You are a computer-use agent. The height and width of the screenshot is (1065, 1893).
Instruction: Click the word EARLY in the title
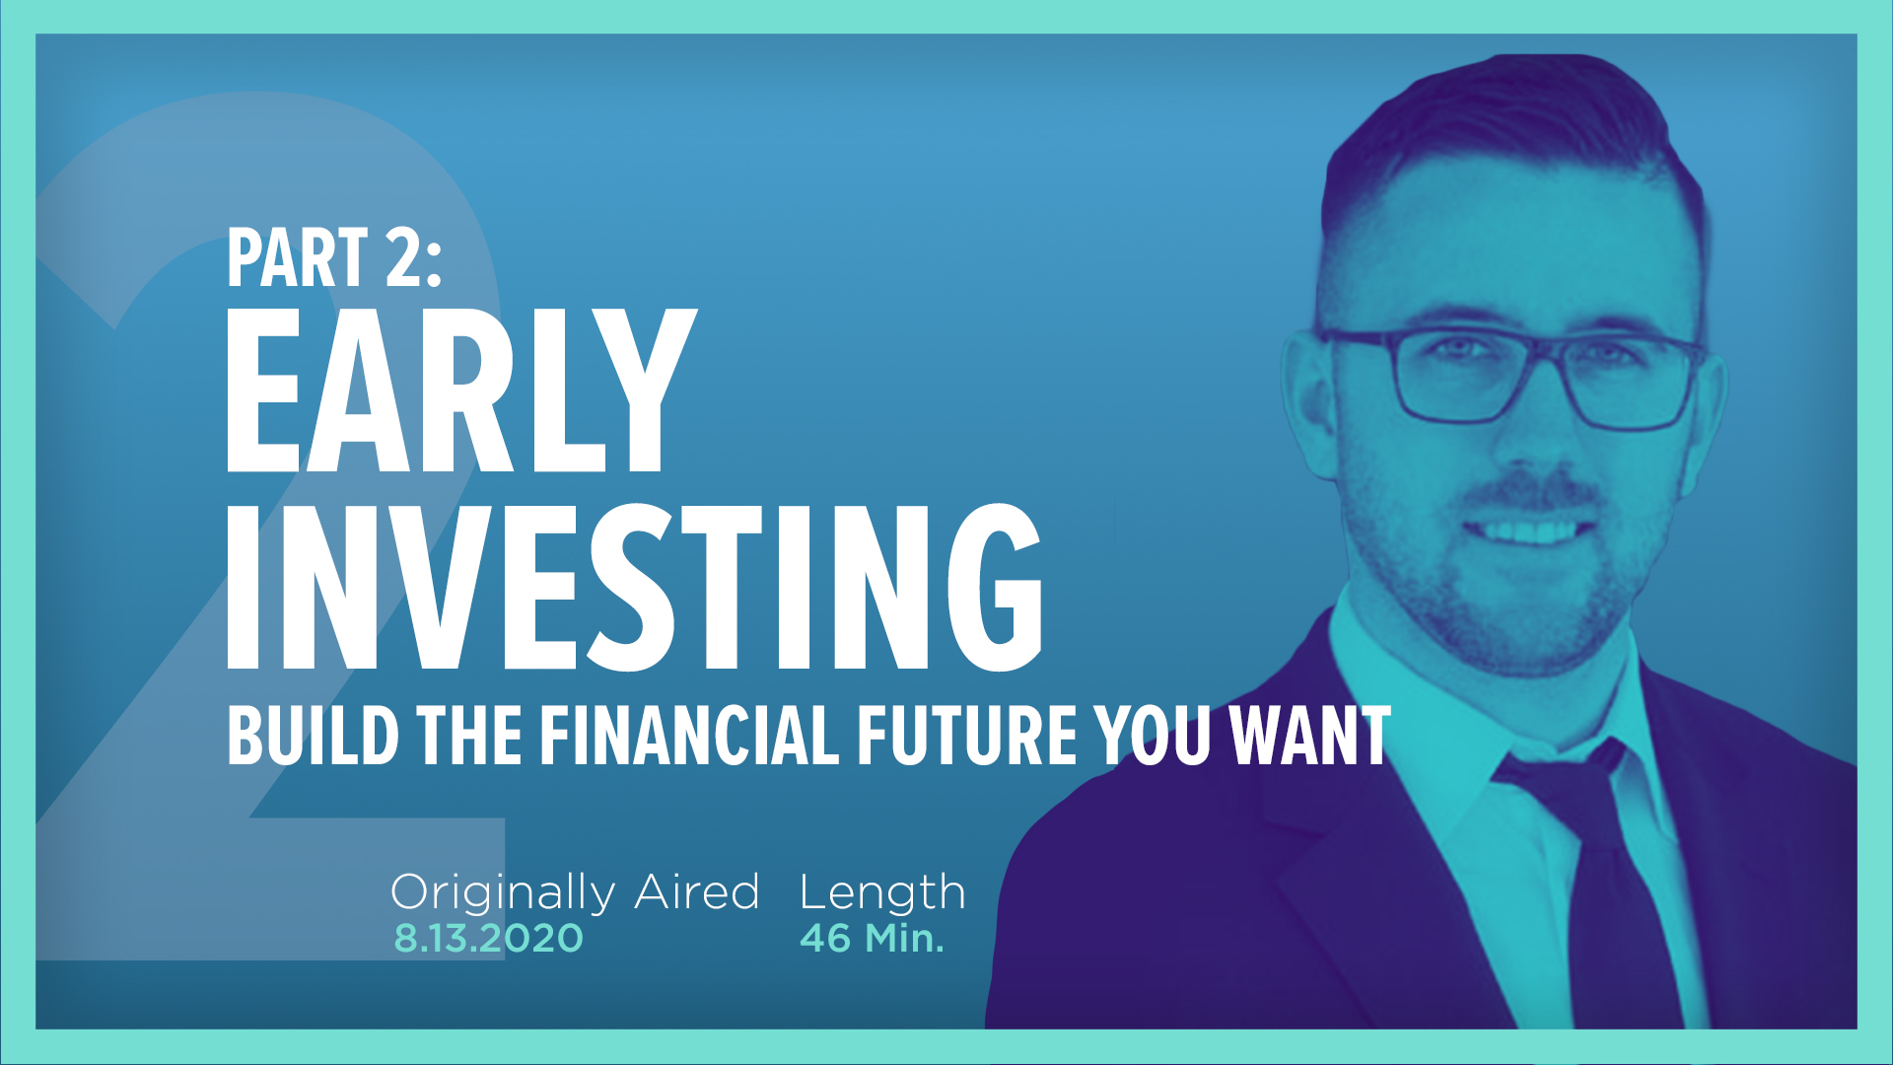click(x=460, y=390)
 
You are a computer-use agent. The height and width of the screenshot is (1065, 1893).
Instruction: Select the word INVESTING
click(x=634, y=588)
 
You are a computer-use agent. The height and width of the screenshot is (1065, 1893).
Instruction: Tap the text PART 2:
click(x=334, y=258)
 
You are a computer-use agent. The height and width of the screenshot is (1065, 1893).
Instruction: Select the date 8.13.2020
click(x=488, y=938)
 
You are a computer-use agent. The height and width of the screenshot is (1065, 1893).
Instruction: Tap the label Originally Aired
click(x=575, y=892)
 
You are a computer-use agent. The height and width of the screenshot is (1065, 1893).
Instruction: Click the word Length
click(x=882, y=893)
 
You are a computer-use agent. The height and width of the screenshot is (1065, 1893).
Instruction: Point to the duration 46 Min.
click(x=872, y=938)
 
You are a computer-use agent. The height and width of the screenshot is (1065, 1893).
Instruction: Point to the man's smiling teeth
click(x=1526, y=533)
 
